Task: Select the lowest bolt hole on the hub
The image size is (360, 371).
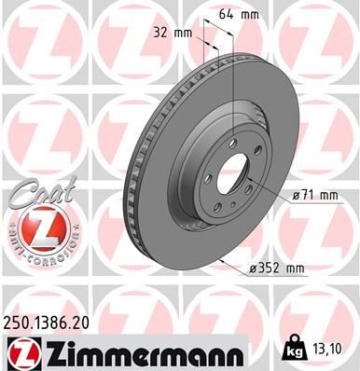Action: click(x=224, y=207)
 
